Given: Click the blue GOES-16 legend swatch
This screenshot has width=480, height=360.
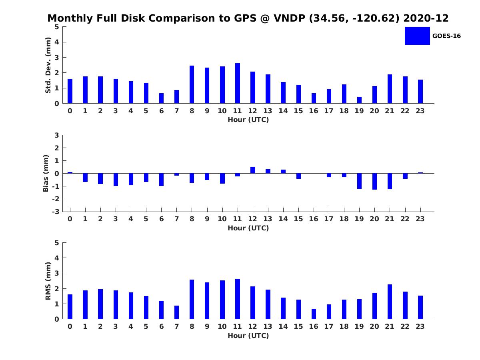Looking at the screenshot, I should [417, 36].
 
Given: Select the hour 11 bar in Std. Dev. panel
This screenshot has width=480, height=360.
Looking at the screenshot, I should [238, 83].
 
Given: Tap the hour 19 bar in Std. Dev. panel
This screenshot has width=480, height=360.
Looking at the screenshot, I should [359, 100].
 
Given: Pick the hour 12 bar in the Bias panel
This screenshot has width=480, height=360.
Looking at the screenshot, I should [253, 170].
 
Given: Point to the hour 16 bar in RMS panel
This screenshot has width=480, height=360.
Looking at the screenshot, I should [314, 314].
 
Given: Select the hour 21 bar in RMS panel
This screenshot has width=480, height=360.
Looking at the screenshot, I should [390, 302].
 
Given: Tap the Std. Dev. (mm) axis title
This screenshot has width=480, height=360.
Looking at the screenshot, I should [48, 65].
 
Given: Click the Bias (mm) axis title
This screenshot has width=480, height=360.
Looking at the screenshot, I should [46, 173].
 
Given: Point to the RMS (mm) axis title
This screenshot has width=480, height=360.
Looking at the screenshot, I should [48, 281].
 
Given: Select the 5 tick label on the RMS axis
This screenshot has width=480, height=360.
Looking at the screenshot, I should [57, 243].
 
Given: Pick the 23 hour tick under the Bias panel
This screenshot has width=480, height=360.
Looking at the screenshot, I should [420, 219].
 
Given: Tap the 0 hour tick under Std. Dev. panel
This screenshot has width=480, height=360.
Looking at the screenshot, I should [70, 111].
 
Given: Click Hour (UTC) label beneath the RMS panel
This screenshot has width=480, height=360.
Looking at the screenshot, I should [248, 336].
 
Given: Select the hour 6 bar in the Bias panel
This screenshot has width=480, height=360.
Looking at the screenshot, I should [161, 180].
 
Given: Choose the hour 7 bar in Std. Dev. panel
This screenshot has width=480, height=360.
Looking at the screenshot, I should [176, 97].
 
